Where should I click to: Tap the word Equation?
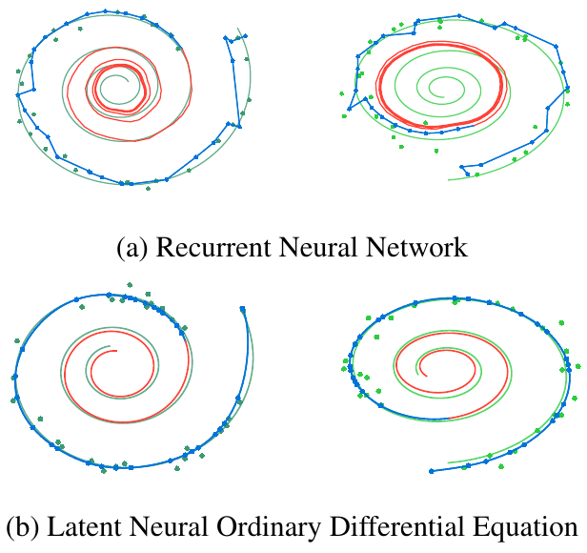(x=522, y=526)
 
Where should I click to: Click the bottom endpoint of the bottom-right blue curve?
(x=431, y=470)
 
